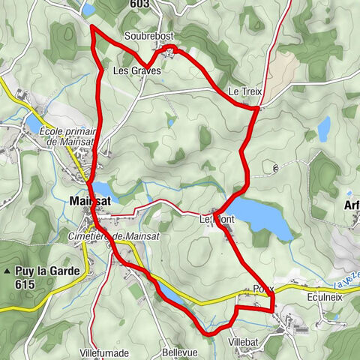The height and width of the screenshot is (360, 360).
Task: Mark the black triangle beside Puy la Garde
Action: click(x=7, y=271)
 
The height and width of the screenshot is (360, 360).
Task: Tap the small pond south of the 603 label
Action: click(x=88, y=10)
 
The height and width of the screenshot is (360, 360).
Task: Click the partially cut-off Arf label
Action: click(x=351, y=204)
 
